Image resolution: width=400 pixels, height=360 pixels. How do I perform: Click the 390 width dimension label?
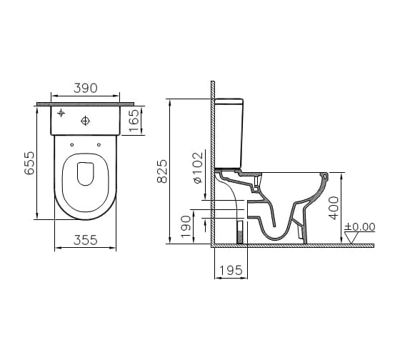pos(86,89)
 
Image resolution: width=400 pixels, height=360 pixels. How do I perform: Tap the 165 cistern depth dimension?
pos(134,121)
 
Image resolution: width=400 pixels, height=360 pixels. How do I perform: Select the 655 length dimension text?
pos(29,164)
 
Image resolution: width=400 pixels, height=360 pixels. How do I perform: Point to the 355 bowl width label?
pos(86,240)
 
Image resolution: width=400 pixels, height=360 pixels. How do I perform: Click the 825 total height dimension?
pos(162,171)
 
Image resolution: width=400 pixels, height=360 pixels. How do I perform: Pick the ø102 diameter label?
pos(198,168)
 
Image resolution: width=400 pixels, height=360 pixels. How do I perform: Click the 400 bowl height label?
pos(334,208)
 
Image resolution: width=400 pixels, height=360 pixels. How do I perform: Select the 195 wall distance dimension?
pos(231,271)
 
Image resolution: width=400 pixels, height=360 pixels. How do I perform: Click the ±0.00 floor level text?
pos(360,227)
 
